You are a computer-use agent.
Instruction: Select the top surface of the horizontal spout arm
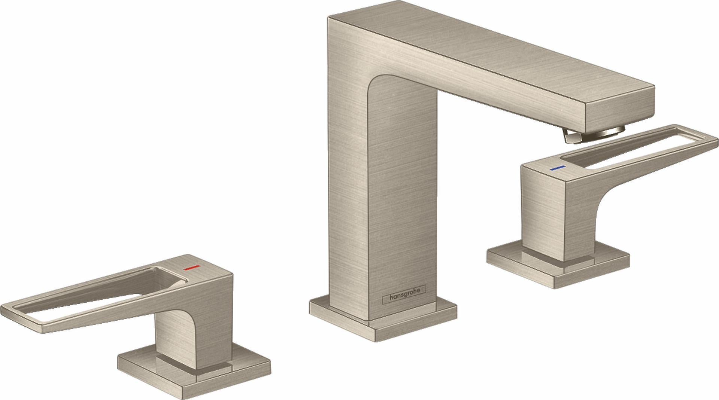click(487, 49)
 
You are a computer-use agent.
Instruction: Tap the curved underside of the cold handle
click(607, 198)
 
